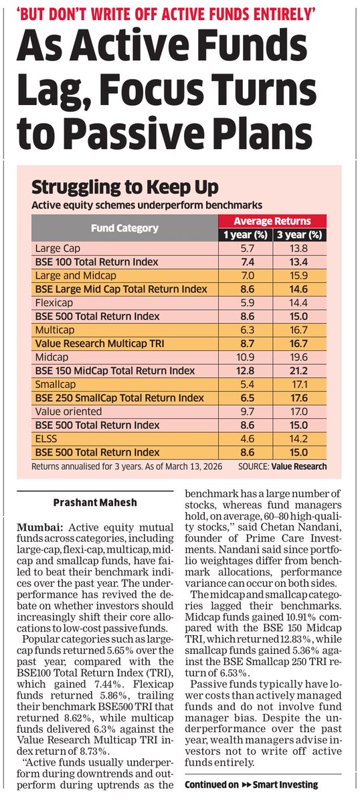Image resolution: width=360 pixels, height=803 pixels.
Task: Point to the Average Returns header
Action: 273,221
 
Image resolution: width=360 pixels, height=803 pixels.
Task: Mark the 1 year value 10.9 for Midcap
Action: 247,357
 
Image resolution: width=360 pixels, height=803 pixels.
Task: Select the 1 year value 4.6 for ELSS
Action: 247,438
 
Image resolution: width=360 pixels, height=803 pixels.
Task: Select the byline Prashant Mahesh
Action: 95,502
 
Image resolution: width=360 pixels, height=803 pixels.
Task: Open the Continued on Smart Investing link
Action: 251,785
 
